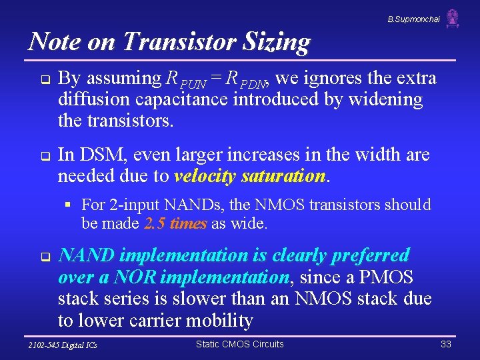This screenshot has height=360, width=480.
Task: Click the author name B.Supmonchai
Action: click(413, 19)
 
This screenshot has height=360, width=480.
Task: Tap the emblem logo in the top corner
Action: click(453, 18)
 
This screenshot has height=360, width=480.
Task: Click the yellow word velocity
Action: click(205, 177)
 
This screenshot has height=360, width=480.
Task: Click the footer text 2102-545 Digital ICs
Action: click(63, 345)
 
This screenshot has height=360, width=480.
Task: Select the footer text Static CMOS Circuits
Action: click(239, 344)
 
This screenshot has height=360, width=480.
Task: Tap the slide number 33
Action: click(446, 344)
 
